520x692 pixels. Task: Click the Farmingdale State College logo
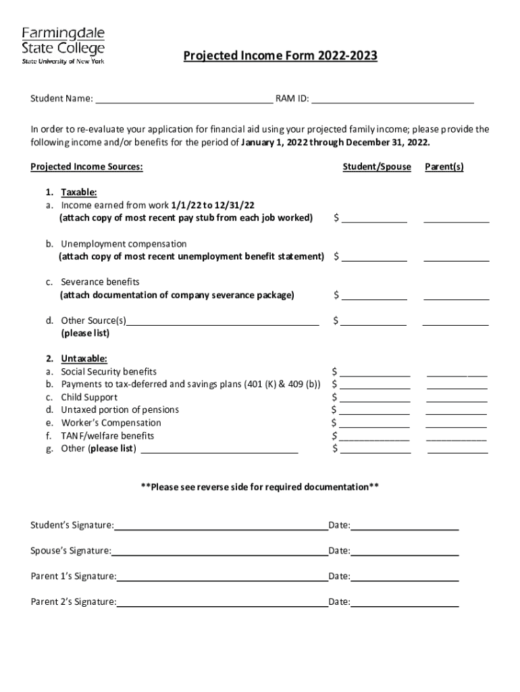click(64, 45)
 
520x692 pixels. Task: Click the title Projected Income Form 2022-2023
click(280, 56)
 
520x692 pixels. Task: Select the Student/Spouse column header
click(376, 167)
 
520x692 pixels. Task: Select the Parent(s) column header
click(444, 167)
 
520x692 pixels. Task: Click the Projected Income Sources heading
click(86, 167)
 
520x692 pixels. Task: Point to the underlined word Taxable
click(79, 192)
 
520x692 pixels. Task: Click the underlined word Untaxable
click(84, 359)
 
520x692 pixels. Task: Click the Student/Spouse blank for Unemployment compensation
click(373, 258)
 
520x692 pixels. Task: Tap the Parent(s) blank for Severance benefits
click(456, 297)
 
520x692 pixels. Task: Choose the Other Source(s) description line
click(223, 322)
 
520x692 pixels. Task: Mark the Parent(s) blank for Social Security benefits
click(457, 373)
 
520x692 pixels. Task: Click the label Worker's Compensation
click(111, 423)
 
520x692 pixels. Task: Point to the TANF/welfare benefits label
click(107, 436)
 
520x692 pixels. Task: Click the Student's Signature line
click(221, 527)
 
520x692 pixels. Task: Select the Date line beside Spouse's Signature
click(405, 553)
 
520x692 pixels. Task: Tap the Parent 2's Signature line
click(222, 603)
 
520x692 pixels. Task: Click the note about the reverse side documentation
click(259, 487)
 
